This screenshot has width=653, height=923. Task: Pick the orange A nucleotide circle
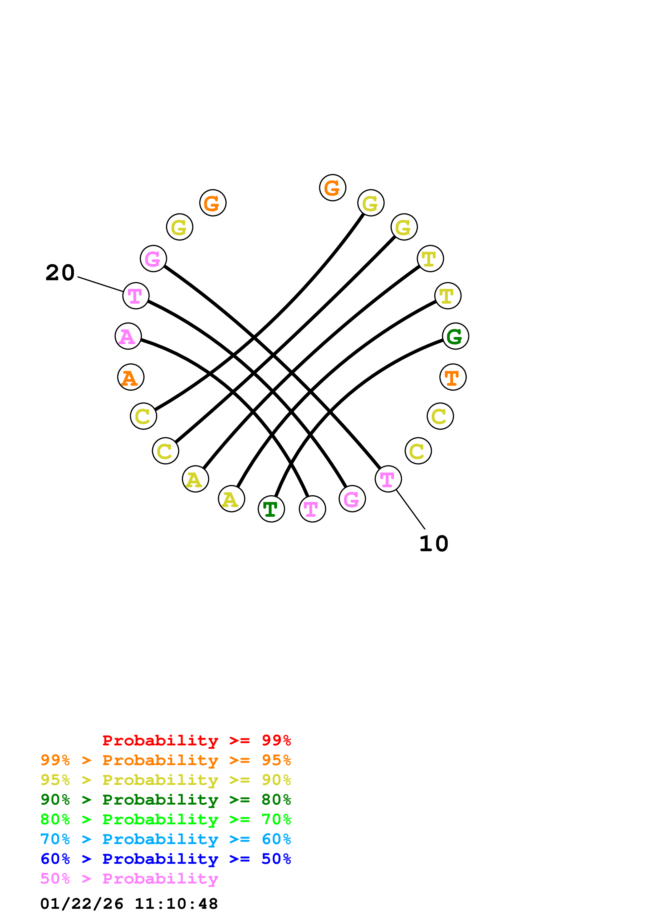tap(130, 377)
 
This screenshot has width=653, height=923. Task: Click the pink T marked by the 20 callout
tap(136, 296)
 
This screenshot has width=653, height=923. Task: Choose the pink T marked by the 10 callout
tap(388, 479)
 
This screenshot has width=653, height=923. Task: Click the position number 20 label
tap(60, 273)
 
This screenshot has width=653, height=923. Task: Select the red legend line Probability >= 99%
tap(196, 740)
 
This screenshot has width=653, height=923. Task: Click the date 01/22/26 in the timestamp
tap(82, 904)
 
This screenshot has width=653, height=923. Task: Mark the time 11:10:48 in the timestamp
tap(176, 904)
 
